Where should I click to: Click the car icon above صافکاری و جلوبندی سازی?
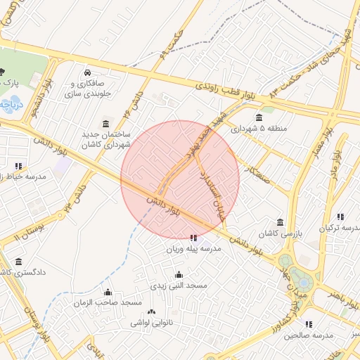point(86,72)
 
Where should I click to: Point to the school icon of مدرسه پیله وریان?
point(194,238)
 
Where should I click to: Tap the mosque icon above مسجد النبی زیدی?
point(179,275)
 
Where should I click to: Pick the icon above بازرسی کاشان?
point(281,222)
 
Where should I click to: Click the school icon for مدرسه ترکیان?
point(340,217)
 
